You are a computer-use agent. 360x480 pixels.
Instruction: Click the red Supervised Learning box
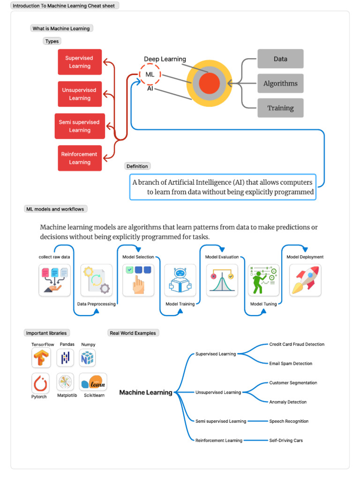(80, 62)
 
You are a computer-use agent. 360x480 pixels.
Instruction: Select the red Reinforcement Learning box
(80, 158)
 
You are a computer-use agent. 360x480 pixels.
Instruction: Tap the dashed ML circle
(150, 75)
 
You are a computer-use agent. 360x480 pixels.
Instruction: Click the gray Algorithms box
(280, 83)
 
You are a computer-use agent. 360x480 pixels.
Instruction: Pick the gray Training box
(280, 108)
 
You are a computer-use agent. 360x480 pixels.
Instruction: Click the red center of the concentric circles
(209, 83)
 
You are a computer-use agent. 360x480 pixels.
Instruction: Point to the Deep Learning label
(165, 59)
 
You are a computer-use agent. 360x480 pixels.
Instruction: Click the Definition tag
(137, 166)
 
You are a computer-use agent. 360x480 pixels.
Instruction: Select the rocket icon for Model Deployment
(305, 280)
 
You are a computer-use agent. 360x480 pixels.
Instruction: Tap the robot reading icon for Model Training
(180, 280)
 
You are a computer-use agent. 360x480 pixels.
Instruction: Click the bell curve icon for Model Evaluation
(222, 280)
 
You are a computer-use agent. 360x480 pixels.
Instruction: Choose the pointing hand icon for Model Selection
(138, 280)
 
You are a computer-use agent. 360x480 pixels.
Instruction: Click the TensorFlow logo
(41, 358)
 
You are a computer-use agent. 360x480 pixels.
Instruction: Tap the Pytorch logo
(41, 383)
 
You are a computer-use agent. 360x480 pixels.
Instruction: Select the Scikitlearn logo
(93, 382)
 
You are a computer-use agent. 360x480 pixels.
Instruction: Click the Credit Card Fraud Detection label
(297, 344)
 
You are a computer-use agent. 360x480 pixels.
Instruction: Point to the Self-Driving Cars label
(286, 441)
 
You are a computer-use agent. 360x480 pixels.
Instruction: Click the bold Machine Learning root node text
(146, 392)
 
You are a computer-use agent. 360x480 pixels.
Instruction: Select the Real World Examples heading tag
(134, 333)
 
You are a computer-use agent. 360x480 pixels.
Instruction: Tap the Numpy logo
(88, 358)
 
